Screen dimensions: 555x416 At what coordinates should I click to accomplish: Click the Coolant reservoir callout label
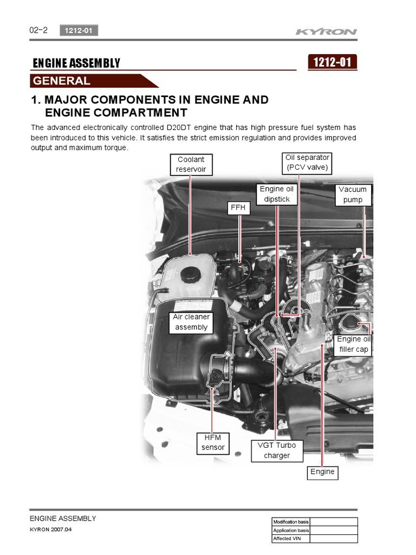click(x=191, y=164)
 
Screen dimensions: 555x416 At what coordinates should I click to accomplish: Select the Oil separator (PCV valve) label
click(x=307, y=163)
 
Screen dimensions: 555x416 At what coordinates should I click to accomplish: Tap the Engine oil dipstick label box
click(x=276, y=194)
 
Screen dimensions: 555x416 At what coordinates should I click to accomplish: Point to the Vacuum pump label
click(x=353, y=195)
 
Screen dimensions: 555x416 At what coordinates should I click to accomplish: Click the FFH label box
click(x=238, y=208)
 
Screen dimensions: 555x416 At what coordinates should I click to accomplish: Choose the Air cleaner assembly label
click(x=191, y=322)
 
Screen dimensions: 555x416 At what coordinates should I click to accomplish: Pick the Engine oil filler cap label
click(x=353, y=344)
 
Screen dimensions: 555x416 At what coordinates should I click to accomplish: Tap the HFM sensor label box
click(x=213, y=442)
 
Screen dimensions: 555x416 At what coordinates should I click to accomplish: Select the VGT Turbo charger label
click(x=277, y=450)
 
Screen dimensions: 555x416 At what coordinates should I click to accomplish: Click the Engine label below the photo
click(x=322, y=472)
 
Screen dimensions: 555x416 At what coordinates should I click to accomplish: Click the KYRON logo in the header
click(x=326, y=31)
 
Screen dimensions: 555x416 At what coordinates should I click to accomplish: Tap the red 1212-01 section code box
click(x=332, y=62)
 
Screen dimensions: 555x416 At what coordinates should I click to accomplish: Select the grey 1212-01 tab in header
click(x=79, y=31)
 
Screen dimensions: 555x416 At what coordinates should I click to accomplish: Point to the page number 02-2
click(x=38, y=30)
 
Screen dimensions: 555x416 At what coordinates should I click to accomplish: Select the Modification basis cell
click(x=291, y=522)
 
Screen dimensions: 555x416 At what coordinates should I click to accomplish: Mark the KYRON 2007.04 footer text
click(x=50, y=530)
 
